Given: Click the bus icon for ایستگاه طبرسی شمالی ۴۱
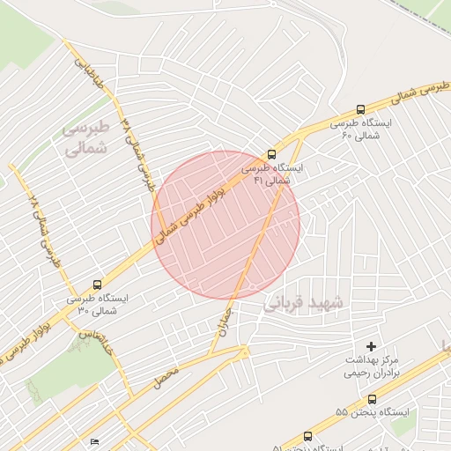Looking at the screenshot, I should pos(270,154).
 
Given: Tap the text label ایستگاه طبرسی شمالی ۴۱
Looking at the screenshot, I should pos(272,173).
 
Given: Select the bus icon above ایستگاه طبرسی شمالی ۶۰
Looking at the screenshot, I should pos(359,110).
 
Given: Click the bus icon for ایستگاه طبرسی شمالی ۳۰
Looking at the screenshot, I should pos(96,285).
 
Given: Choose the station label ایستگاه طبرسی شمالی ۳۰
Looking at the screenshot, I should pos(97,305).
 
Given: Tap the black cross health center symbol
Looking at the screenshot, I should pos(371,348).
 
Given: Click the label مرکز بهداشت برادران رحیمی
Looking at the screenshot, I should pos(372,366).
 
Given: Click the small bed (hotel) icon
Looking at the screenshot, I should pos(94,441).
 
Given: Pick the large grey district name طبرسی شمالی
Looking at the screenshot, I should pos(85,137).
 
